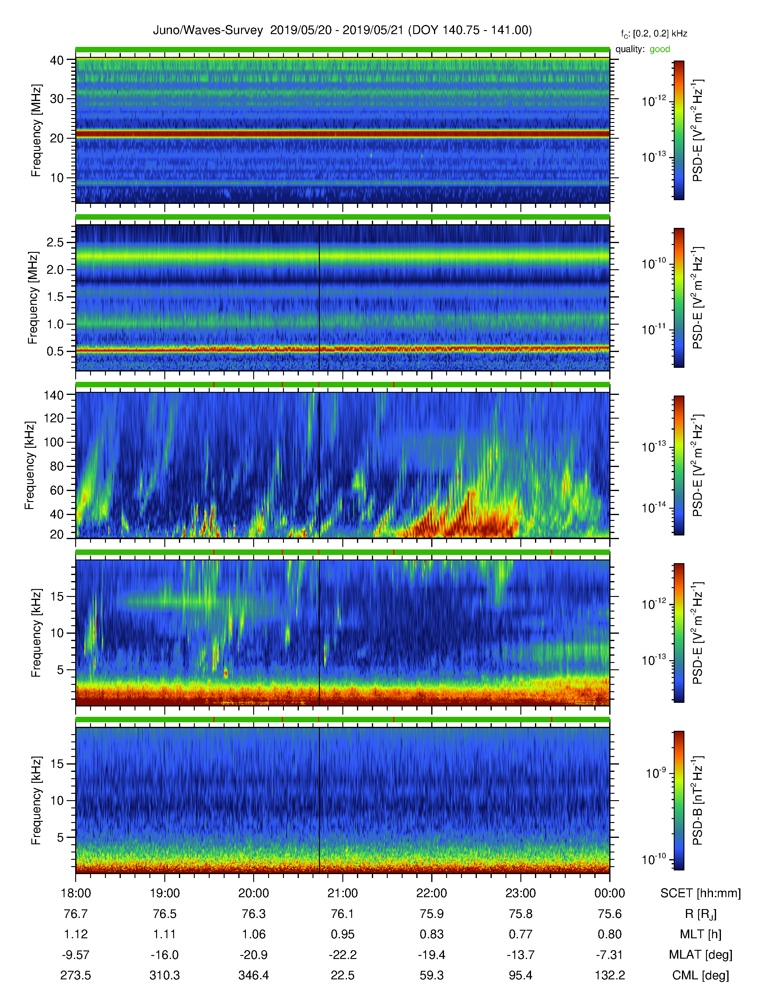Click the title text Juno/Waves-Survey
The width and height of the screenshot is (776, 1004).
(208, 30)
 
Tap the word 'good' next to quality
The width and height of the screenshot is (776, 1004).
(660, 49)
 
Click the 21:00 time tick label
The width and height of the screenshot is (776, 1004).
(342, 893)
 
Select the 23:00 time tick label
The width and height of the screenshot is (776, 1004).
(520, 893)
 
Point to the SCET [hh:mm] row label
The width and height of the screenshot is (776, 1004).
(701, 893)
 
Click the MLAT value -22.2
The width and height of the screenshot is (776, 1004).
(342, 955)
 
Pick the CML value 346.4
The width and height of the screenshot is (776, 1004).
(253, 975)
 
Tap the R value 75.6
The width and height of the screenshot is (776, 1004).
(610, 914)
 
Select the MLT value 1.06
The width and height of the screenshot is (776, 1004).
(253, 934)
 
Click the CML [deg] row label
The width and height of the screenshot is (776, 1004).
(701, 975)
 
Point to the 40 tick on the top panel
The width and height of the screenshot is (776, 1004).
(57, 60)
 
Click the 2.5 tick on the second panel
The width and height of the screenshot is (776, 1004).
(55, 242)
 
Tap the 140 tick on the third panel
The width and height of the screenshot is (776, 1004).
(53, 395)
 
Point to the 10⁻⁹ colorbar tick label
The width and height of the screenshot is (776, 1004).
(655, 773)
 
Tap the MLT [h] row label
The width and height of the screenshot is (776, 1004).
(701, 934)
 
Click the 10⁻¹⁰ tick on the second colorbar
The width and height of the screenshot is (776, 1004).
(654, 263)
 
